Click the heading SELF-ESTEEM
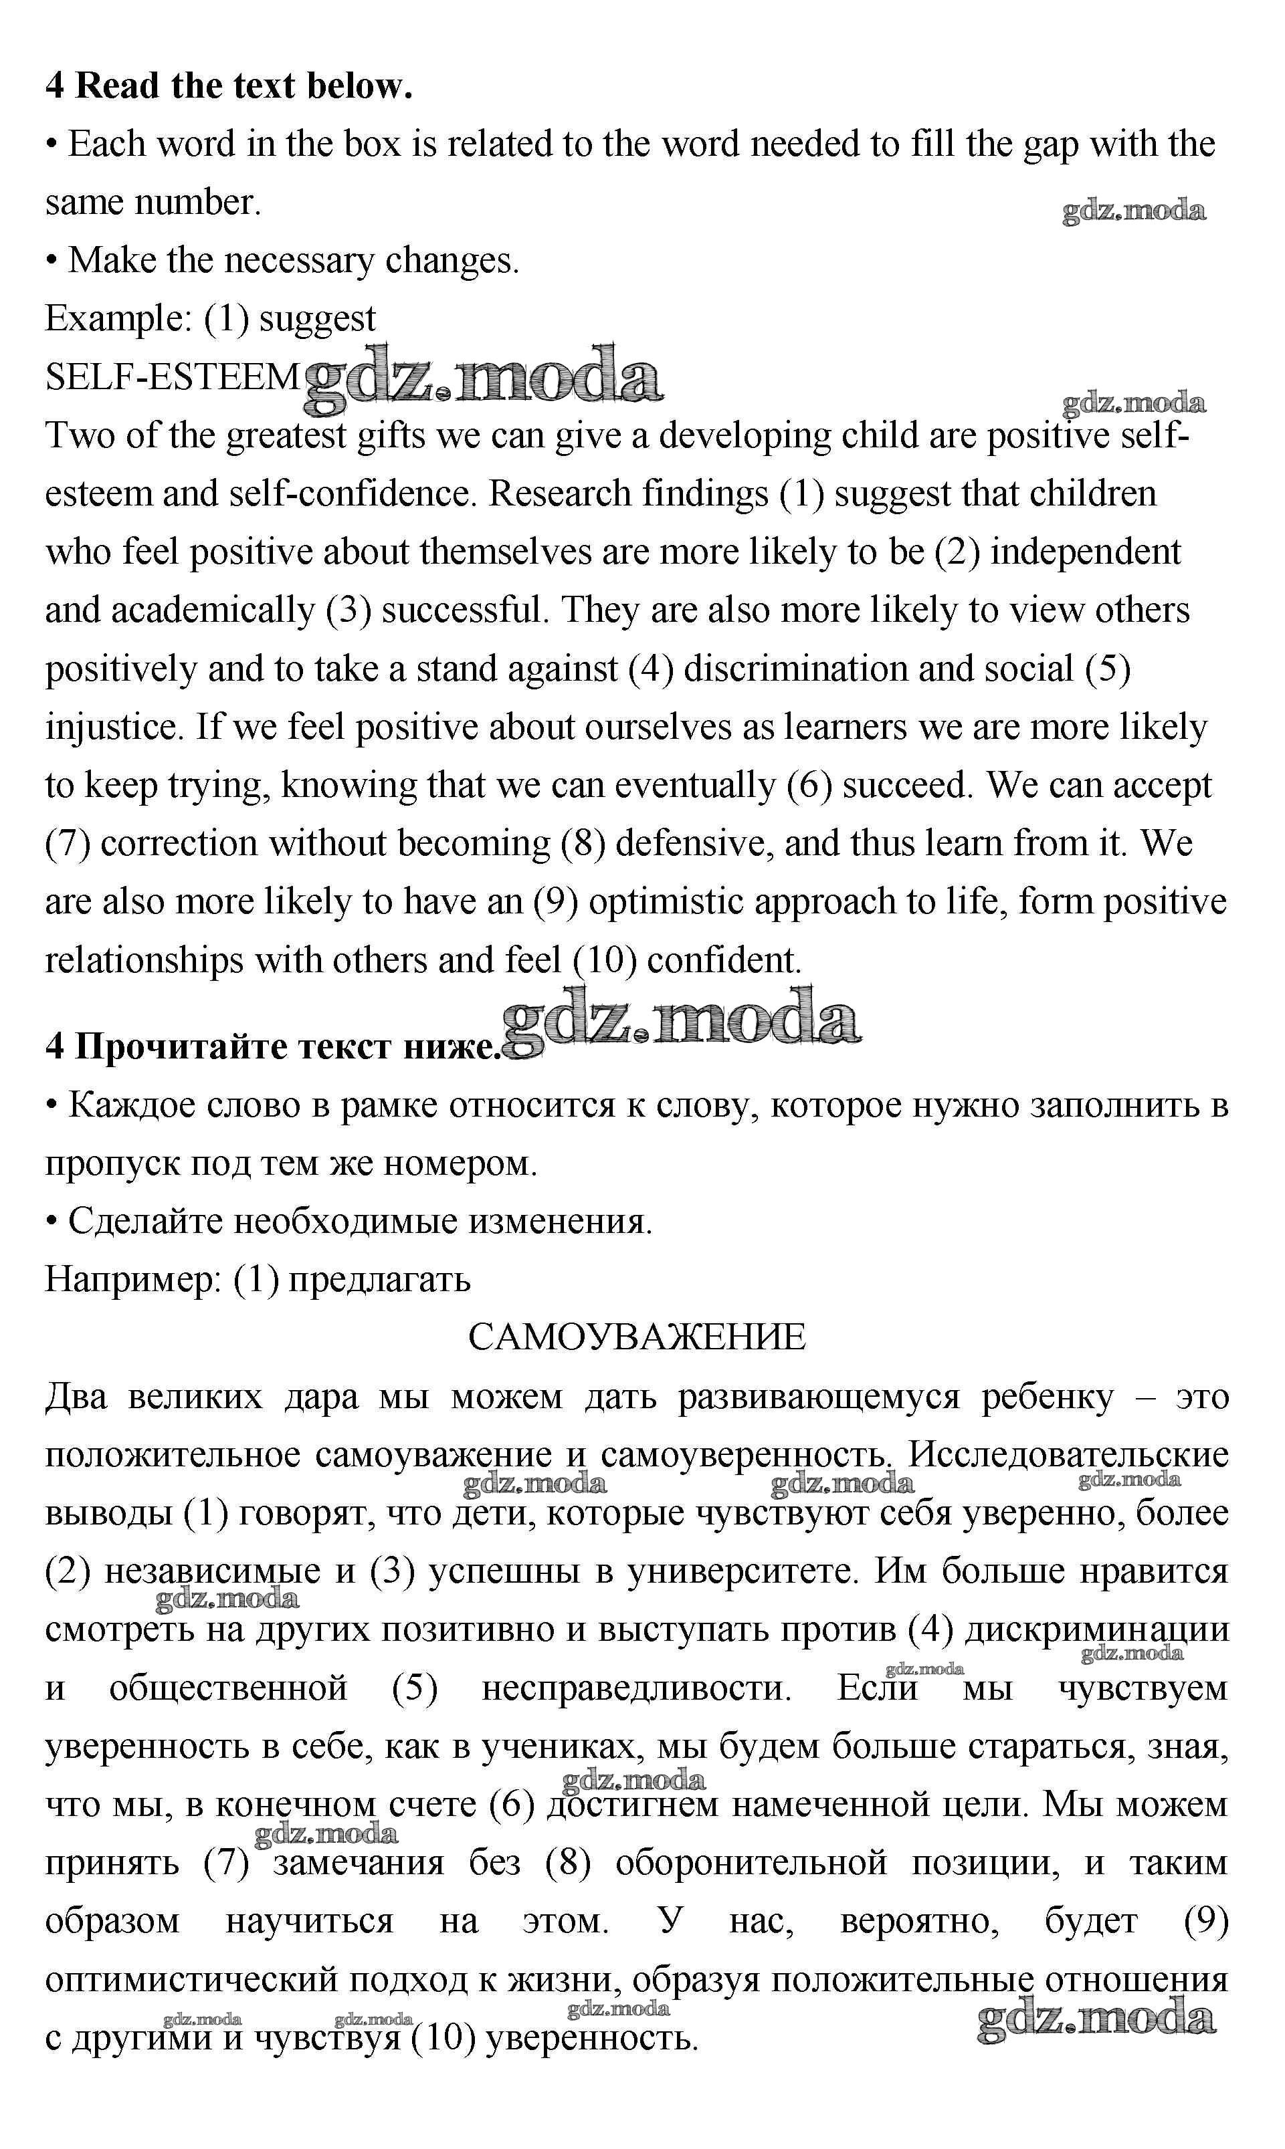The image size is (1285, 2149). (x=171, y=377)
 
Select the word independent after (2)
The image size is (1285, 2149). (x=1085, y=552)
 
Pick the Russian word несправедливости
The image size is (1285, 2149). (x=635, y=1688)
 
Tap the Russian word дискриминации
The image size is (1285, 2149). (x=1096, y=1629)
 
